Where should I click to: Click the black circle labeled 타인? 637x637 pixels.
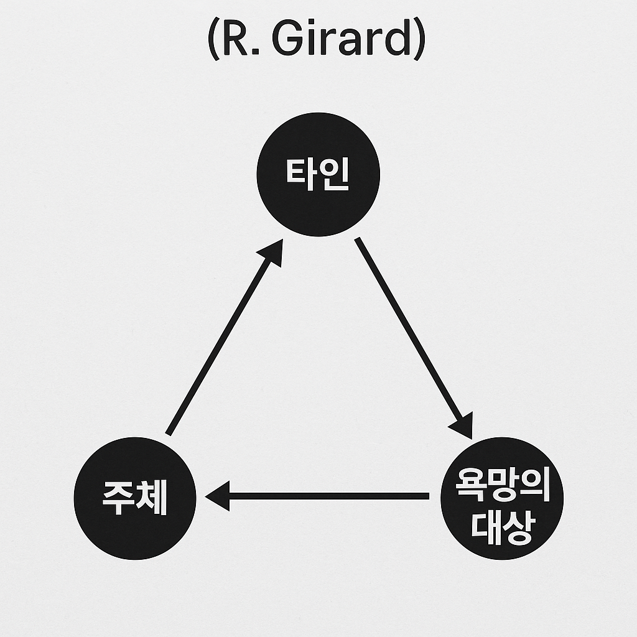pyautogui.click(x=318, y=175)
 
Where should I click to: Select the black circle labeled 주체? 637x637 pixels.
pyautogui.click(x=135, y=498)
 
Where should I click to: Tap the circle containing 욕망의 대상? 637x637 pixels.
pyautogui.click(x=501, y=498)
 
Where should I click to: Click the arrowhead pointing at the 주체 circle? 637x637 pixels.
pyautogui.click(x=218, y=496)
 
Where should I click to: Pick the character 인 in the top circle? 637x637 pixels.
pyautogui.click(x=333, y=175)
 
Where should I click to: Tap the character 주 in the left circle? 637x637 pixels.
pyautogui.click(x=118, y=498)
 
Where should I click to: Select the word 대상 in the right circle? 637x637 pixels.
pyautogui.click(x=501, y=526)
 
